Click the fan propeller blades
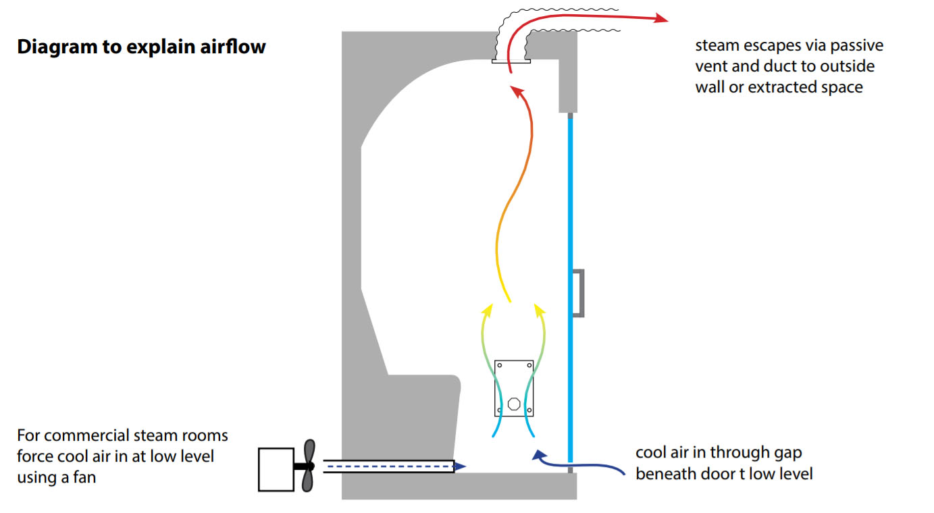pos(308,466)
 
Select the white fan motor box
pos(276,469)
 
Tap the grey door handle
pos(578,292)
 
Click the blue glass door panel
pos(571,202)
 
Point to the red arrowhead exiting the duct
pos(660,19)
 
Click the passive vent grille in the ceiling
pos(511,61)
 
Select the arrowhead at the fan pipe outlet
pos(460,466)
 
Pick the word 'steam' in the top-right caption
pos(717,46)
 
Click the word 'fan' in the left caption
pos(84,477)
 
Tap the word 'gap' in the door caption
pos(785,452)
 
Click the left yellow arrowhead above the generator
pos(486,310)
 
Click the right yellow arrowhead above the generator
pos(539,310)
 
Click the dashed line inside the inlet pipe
pos(388,466)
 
